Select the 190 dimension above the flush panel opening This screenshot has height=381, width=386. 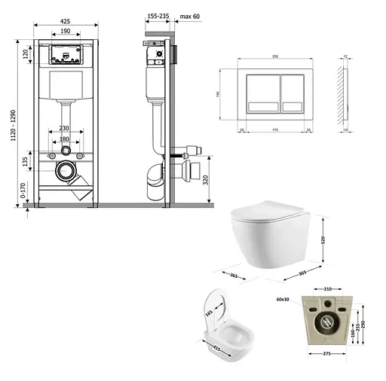[x=66, y=33]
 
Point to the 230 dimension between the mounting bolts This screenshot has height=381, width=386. [x=66, y=128]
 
